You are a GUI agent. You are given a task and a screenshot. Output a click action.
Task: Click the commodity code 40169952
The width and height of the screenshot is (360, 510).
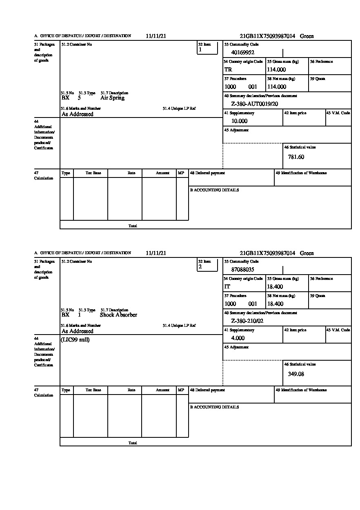click(243, 52)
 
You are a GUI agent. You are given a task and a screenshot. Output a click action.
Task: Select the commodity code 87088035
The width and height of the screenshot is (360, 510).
click(243, 269)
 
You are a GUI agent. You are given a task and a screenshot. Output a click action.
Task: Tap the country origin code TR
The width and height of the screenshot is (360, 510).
click(228, 69)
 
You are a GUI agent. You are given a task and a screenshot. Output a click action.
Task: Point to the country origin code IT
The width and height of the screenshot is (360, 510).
click(227, 286)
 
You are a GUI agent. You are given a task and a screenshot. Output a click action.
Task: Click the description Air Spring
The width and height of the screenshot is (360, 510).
click(112, 98)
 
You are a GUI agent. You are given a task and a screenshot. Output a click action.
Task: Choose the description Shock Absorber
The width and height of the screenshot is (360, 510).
click(118, 315)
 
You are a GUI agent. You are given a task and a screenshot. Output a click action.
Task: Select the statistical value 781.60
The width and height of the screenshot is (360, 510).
click(296, 157)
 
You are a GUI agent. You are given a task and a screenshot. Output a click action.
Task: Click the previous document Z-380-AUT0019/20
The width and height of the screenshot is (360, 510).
click(254, 104)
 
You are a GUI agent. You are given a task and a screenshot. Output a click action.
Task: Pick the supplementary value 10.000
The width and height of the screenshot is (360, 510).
click(239, 121)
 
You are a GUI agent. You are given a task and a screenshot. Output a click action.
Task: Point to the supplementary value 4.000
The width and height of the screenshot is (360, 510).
click(238, 338)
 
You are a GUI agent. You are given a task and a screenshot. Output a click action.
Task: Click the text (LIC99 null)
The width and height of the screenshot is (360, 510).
click(75, 340)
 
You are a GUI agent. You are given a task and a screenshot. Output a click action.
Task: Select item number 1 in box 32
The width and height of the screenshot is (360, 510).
click(200, 50)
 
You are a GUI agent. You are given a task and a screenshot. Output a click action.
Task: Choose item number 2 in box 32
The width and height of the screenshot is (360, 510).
click(200, 267)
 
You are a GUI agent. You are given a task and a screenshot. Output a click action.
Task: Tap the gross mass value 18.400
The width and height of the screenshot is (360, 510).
click(275, 286)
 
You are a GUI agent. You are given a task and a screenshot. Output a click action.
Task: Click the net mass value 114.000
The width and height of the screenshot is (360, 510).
click(276, 86)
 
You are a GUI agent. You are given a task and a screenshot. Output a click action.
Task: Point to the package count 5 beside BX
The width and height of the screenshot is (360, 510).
click(79, 98)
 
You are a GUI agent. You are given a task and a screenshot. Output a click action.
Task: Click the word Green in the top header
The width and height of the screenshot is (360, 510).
click(307, 36)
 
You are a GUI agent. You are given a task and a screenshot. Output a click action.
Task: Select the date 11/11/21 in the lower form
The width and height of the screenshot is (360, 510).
click(156, 253)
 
